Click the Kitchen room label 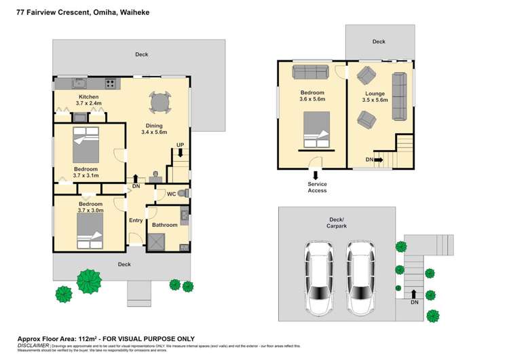click(x=89, y=97)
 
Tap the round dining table click(x=160, y=103)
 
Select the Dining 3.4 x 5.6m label click(x=154, y=128)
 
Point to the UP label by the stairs click(x=180, y=145)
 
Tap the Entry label click(x=136, y=220)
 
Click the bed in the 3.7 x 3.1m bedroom click(x=88, y=142)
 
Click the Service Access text click(x=317, y=187)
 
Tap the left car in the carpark click(x=319, y=276)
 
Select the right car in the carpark click(x=361, y=276)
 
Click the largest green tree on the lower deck click(x=88, y=280)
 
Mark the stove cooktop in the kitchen click(x=110, y=84)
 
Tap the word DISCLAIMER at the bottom click(x=33, y=345)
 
